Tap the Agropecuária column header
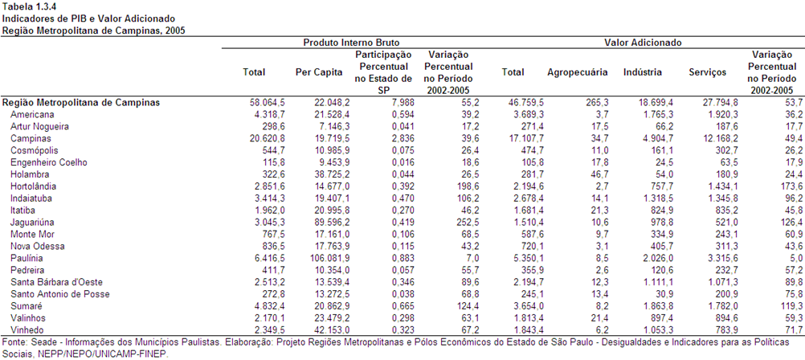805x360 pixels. pyautogui.click(x=578, y=72)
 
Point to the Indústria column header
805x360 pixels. pyautogui.click(x=642, y=72)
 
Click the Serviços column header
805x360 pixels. pyautogui.click(x=708, y=72)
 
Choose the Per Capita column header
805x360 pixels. pyautogui.click(x=319, y=72)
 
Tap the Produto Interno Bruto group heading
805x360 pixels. pyautogui.click(x=351, y=43)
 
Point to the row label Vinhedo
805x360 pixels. pyautogui.click(x=27, y=329)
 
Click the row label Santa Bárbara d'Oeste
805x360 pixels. pyautogui.click(x=50, y=282)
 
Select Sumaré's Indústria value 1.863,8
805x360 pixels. pyautogui.click(x=659, y=305)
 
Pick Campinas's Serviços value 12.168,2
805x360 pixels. pyautogui.click(x=722, y=138)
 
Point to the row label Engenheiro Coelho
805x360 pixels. pyautogui.click(x=49, y=162)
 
